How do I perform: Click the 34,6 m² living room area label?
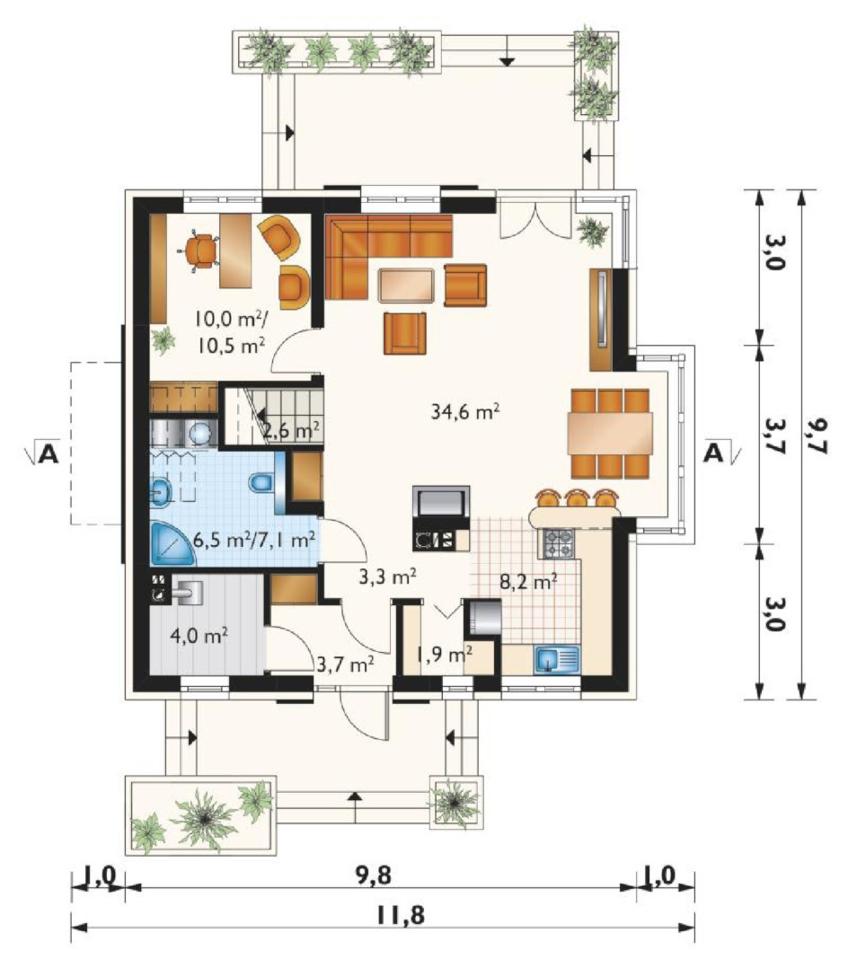465,411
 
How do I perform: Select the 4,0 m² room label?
199,635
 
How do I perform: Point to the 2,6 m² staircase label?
291,429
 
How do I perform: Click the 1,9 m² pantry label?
444,654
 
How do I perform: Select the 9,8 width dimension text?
373,875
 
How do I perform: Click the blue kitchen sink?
556,659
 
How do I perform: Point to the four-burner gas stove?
558,542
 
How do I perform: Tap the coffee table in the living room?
407,286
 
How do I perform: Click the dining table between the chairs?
610,433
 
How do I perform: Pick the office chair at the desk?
200,250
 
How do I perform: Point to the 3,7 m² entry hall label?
345,664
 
